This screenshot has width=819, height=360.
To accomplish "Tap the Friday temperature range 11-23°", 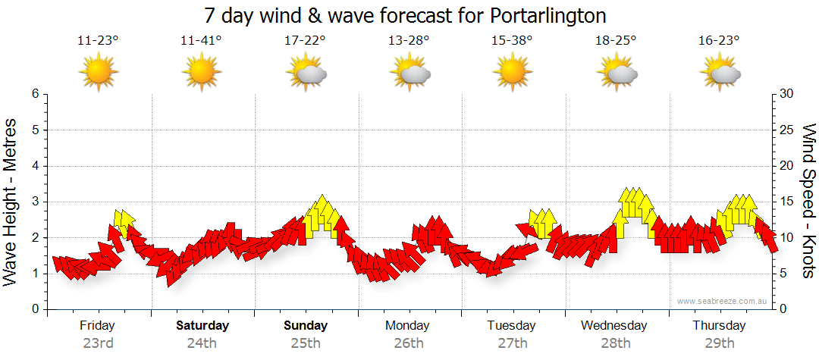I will tap(98, 41).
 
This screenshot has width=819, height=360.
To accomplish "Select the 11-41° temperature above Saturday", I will tap(201, 41).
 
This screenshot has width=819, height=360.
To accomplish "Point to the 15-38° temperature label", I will tap(512, 41).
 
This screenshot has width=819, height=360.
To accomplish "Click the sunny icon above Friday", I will tap(99, 73).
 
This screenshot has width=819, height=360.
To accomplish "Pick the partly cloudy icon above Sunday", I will tap(306, 74).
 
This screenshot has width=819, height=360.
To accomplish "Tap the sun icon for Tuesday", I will tap(512, 73).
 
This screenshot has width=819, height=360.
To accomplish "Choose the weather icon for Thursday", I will tap(720, 74).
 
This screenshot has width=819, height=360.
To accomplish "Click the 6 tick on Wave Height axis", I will tap(34, 94).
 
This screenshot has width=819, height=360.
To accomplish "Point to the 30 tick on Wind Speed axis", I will tap(787, 94).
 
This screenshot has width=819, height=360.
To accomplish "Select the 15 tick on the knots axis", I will tap(787, 202).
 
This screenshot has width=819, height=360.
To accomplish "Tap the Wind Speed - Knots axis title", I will tap(808, 201).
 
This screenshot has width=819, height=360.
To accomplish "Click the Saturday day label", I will tap(202, 326).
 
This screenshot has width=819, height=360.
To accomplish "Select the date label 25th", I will tap(306, 343).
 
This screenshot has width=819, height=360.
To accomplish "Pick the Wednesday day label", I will tap(614, 326).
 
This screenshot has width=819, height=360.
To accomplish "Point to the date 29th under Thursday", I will tap(719, 343).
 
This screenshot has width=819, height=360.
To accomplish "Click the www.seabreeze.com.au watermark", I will tap(723, 301).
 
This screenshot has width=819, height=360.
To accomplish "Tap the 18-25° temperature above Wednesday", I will tap(616, 41).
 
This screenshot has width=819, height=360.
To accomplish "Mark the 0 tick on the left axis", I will tap(34, 309).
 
